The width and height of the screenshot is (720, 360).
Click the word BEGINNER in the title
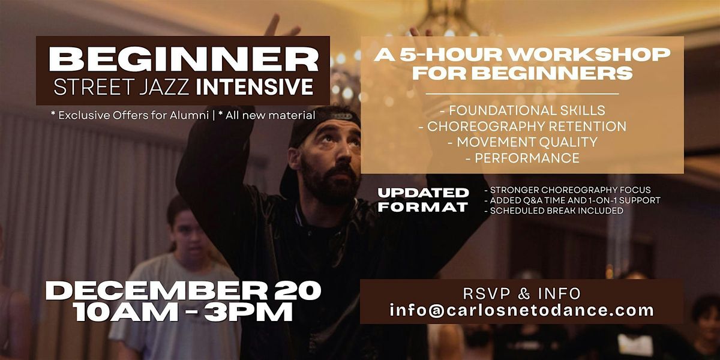click(x=183, y=59)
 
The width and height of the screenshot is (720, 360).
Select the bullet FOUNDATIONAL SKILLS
click(x=522, y=110)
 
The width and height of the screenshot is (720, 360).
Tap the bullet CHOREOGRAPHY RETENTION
click(x=522, y=127)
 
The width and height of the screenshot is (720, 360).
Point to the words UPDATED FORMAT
click(x=424, y=200)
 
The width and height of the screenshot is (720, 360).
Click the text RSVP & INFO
click(x=522, y=293)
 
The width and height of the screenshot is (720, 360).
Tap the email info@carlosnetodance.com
click(x=522, y=310)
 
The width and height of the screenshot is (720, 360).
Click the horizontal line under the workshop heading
click(x=522, y=94)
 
